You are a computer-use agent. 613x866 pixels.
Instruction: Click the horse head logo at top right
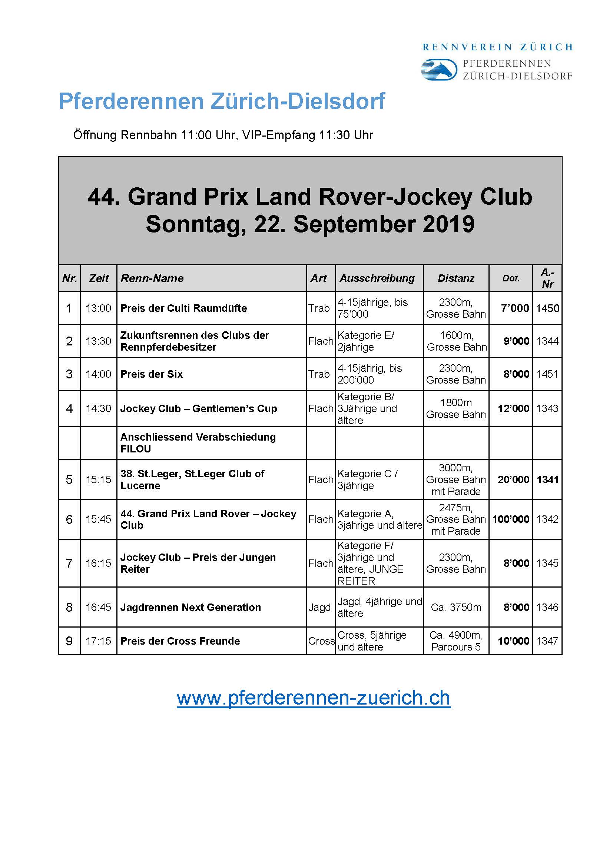(439, 70)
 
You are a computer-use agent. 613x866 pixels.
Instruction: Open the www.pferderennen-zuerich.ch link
(313, 698)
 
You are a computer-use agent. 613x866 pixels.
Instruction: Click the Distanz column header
(455, 278)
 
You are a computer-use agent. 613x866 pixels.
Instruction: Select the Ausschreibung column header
(377, 278)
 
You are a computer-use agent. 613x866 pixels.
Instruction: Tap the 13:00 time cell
(98, 308)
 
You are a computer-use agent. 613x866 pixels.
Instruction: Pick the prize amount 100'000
(510, 519)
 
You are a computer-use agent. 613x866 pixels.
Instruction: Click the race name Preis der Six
(151, 374)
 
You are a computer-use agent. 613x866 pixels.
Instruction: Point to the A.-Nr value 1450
(547, 308)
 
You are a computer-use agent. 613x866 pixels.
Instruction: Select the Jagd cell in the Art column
(319, 607)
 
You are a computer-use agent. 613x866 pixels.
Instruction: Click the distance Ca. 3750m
(456, 607)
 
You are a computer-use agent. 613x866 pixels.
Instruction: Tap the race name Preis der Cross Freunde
(180, 641)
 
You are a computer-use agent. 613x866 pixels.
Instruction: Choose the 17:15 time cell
(98, 641)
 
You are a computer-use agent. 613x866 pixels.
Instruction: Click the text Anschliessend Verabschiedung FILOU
(198, 443)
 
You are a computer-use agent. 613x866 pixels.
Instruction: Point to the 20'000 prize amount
(513, 479)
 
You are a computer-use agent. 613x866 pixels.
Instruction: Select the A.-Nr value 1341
(547, 479)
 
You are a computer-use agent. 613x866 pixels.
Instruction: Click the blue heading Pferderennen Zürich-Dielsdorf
(222, 101)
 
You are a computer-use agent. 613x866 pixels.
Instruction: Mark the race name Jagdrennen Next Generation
(190, 607)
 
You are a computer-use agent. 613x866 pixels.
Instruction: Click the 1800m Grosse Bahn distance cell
(455, 408)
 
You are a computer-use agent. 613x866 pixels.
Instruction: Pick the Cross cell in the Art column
(321, 641)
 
